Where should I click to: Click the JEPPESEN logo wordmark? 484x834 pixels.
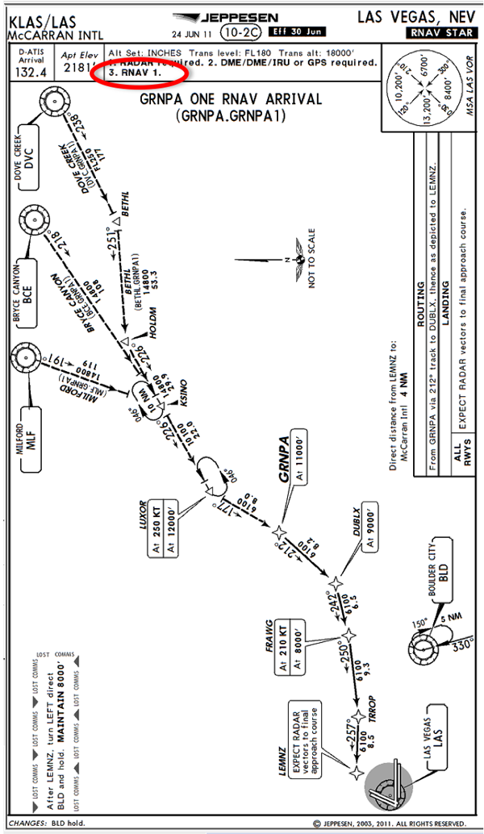[x=240, y=17]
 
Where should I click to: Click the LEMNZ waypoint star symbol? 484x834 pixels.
[x=356, y=772]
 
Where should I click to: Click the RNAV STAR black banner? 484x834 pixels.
[x=440, y=32]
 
